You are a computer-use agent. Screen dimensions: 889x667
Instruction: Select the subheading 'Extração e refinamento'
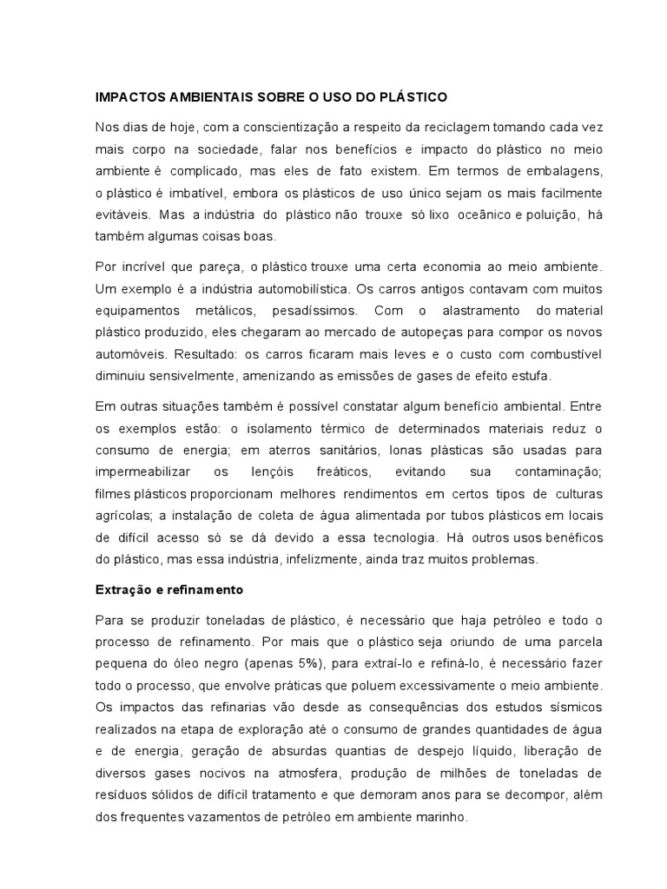click(x=168, y=589)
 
